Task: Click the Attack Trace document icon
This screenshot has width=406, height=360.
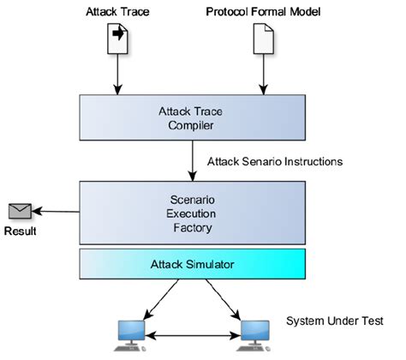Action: pyautogui.click(x=117, y=39)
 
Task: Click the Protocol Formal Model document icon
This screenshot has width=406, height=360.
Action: pyautogui.click(x=264, y=39)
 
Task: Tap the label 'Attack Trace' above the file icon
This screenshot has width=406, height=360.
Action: pyautogui.click(x=117, y=12)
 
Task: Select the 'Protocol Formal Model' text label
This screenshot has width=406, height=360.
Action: pyautogui.click(x=263, y=12)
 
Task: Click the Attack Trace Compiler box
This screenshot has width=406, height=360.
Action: pyautogui.click(x=193, y=117)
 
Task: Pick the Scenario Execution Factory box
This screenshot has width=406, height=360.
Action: pyautogui.click(x=193, y=213)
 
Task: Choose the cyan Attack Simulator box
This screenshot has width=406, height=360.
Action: pyautogui.click(x=193, y=264)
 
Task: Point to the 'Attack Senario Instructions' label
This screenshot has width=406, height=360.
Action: pyautogui.click(x=275, y=162)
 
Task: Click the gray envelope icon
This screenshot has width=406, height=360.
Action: pyautogui.click(x=20, y=211)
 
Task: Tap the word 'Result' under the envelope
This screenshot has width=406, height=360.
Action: pyautogui.click(x=21, y=231)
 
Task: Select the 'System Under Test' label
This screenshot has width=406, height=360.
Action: pyautogui.click(x=335, y=321)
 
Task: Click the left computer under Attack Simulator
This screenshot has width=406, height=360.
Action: pyautogui.click(x=131, y=335)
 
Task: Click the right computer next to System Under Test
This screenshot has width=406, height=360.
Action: pyautogui.click(x=254, y=335)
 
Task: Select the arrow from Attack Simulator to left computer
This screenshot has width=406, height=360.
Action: pyautogui.click(x=161, y=299)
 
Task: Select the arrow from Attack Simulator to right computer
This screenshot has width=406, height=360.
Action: pyautogui.click(x=223, y=299)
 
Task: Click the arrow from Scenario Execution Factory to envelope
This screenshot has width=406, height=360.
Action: pyautogui.click(x=56, y=212)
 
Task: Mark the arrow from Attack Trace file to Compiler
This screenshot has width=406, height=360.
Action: pyautogui.click(x=117, y=75)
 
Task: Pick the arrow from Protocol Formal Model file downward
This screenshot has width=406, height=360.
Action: pyautogui.click(x=264, y=75)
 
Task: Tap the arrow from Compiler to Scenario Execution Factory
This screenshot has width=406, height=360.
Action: pyautogui.click(x=193, y=160)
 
